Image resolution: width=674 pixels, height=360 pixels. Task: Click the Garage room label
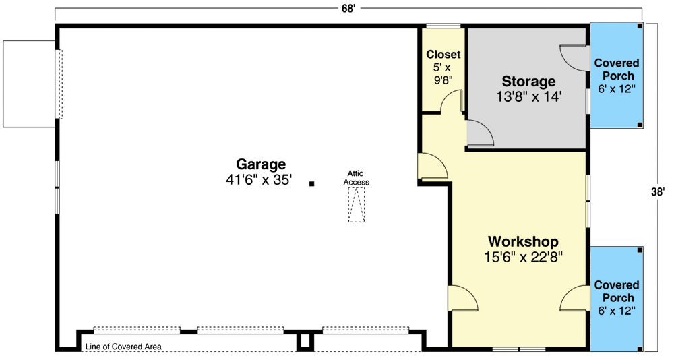(260, 164)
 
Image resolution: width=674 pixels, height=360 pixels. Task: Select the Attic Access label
(356, 177)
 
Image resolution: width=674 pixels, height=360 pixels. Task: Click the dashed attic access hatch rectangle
(356, 204)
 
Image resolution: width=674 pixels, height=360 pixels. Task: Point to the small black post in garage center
(311, 183)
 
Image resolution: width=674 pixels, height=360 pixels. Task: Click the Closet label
(443, 54)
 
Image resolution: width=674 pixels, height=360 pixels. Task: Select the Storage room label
(528, 82)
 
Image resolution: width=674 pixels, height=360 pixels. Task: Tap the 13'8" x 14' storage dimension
(528, 97)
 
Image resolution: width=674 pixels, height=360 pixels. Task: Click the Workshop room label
(523, 241)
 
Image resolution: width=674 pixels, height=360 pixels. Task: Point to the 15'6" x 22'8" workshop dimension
(523, 256)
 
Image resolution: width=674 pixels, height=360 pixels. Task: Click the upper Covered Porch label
(616, 69)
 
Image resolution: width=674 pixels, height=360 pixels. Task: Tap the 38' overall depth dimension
(658, 192)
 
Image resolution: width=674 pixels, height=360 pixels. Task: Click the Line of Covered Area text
(123, 347)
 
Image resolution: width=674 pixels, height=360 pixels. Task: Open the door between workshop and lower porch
(574, 298)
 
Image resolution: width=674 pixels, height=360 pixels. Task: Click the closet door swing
(451, 101)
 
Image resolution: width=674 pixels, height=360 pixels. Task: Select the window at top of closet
(443, 26)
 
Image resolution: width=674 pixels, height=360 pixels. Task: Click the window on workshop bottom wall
(519, 349)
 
